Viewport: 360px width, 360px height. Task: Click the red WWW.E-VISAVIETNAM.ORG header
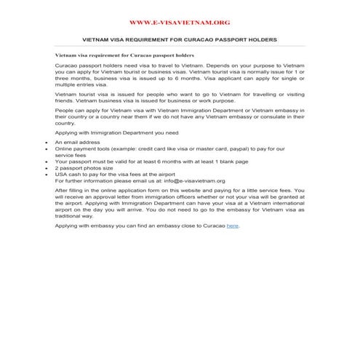point(179,23)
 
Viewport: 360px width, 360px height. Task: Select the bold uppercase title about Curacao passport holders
point(180,40)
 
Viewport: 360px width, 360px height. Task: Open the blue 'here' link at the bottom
point(232,226)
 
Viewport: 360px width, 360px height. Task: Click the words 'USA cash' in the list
point(69,175)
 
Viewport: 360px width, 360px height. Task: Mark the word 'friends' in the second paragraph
point(65,100)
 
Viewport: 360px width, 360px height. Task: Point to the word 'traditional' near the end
point(69,215)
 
